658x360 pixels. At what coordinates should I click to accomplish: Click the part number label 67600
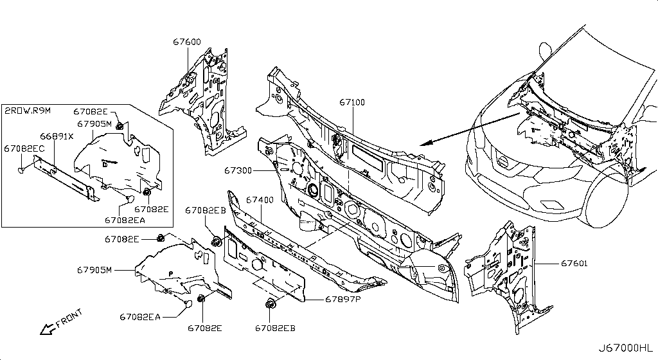[x=187, y=42]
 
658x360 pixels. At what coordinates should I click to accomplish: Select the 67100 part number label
[x=352, y=102]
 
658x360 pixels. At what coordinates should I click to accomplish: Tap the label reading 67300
[x=238, y=171]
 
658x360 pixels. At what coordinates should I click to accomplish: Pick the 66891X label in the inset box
[x=57, y=136]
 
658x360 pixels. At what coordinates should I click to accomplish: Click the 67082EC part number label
[x=24, y=148]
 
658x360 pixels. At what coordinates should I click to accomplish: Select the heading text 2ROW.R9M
[x=28, y=111]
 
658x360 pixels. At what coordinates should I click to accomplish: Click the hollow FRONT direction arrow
[x=47, y=330]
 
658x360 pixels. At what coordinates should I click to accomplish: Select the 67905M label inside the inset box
[x=94, y=123]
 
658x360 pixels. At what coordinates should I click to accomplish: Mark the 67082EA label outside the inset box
[x=139, y=316]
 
